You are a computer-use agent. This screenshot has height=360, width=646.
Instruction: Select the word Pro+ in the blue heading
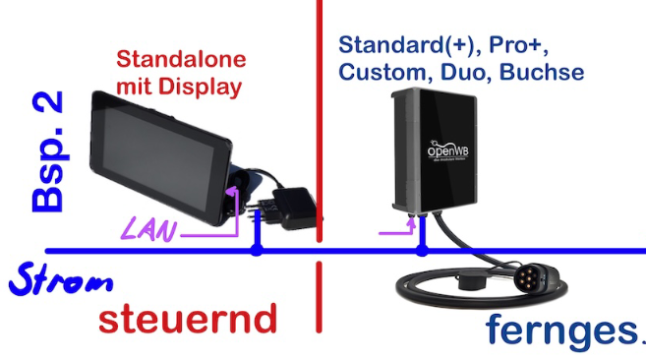tap(528, 45)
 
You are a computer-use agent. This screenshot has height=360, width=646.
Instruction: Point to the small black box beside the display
tap(292, 208)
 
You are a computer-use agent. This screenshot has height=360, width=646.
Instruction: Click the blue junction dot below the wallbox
tap(423, 251)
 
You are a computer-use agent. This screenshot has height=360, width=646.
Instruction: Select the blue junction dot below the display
tap(257, 251)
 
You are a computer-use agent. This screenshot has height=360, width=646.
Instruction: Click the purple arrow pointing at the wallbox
tap(398, 232)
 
